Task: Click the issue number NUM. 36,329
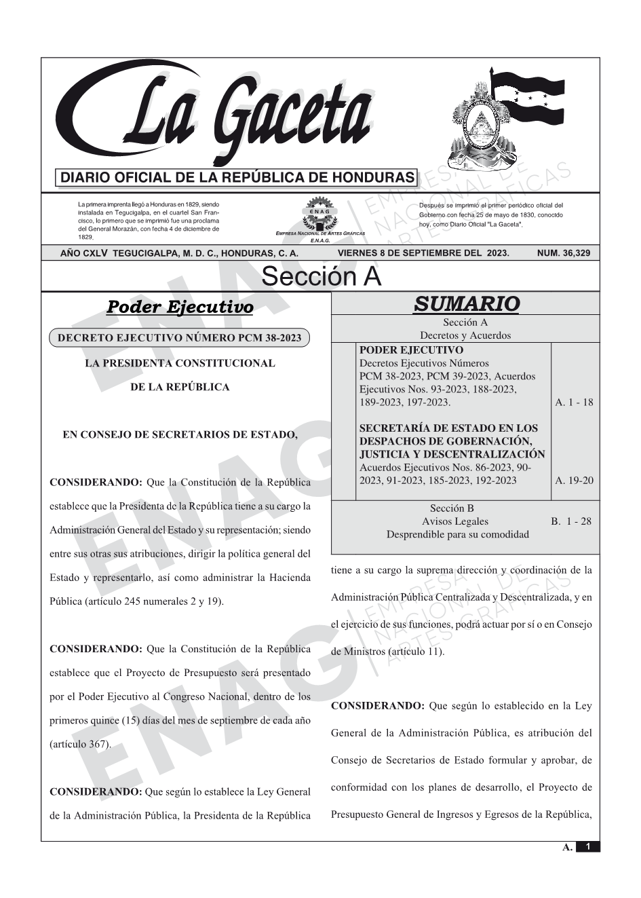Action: point(563,253)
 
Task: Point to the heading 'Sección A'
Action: point(321,277)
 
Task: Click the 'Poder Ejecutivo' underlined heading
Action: point(180,307)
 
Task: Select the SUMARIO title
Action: point(466,303)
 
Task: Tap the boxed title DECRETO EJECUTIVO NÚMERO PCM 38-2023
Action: point(180,337)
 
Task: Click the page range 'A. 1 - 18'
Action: point(574,403)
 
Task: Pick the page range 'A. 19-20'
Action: point(574,481)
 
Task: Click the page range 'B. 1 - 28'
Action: point(570,521)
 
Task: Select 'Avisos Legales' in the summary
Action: point(454,521)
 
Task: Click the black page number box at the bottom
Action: point(588,847)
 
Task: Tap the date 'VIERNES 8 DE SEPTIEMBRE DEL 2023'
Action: point(423,253)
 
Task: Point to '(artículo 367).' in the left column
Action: point(80,744)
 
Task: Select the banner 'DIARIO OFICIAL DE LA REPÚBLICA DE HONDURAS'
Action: point(237,178)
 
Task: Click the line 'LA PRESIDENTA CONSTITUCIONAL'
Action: point(180,363)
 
